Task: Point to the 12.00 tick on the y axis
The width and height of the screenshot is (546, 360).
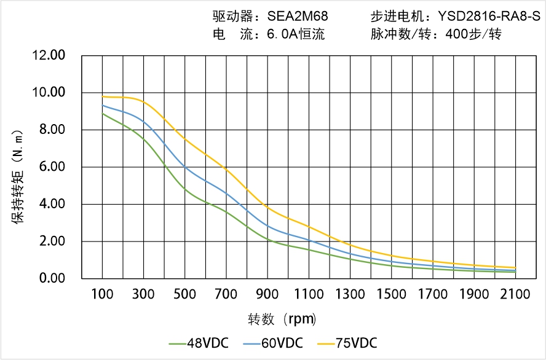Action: click(48, 56)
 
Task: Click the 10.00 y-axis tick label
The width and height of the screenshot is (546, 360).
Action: click(48, 93)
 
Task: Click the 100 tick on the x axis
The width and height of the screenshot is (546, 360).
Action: click(102, 294)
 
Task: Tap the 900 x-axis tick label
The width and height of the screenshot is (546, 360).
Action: click(267, 294)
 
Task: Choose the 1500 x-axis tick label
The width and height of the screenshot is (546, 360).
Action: click(391, 294)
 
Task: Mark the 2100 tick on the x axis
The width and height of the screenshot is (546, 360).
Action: click(515, 294)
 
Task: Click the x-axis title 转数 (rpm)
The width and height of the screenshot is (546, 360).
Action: click(282, 319)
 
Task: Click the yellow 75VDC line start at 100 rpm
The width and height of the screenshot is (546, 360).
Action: click(102, 96)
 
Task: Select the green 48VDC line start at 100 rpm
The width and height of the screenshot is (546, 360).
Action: click(102, 114)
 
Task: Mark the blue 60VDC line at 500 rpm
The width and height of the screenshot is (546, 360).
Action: click(185, 166)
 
